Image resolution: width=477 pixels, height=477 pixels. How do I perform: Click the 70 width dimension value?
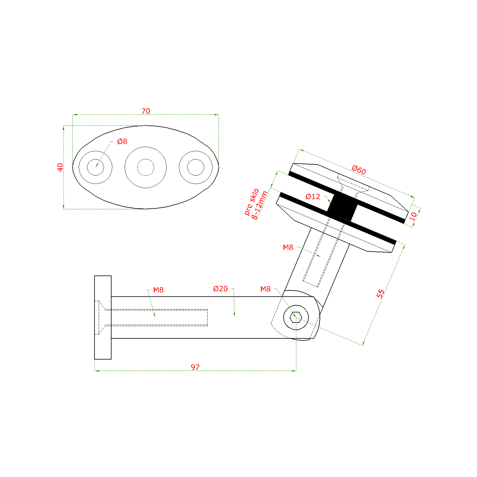coord(146,111)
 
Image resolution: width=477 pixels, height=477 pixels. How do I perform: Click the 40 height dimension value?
coord(60,167)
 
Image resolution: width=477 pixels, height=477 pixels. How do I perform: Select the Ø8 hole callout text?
coord(122,142)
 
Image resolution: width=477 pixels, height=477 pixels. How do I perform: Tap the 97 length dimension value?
coord(195,367)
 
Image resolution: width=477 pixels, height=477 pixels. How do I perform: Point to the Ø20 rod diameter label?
coord(220,289)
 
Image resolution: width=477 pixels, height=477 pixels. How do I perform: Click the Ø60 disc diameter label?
coord(359,170)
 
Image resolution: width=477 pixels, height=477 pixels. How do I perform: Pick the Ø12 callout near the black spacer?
coord(313,197)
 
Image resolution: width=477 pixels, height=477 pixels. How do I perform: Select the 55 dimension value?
coord(380,293)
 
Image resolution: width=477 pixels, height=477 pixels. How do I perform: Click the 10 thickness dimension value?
coord(413,216)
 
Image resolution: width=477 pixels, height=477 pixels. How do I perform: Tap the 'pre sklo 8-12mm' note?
coord(256,204)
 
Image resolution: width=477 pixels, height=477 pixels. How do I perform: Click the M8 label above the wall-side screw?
coord(158,290)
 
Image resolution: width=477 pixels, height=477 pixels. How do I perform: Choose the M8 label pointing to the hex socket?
coord(265,289)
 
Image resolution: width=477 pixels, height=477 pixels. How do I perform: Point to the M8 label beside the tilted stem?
coord(288,247)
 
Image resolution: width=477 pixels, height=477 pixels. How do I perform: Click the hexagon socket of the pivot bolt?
coord(296,317)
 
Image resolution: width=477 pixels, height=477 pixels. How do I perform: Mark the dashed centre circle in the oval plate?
coord(145,167)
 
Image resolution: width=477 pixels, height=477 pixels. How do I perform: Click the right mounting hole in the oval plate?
coord(196,167)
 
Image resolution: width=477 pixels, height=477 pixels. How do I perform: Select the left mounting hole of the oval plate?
coord(95,167)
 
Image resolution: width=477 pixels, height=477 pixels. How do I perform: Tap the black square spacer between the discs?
coord(342,206)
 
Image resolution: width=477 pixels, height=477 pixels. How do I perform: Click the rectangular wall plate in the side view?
coord(103,318)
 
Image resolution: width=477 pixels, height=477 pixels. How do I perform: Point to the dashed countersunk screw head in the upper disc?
coord(353,183)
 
